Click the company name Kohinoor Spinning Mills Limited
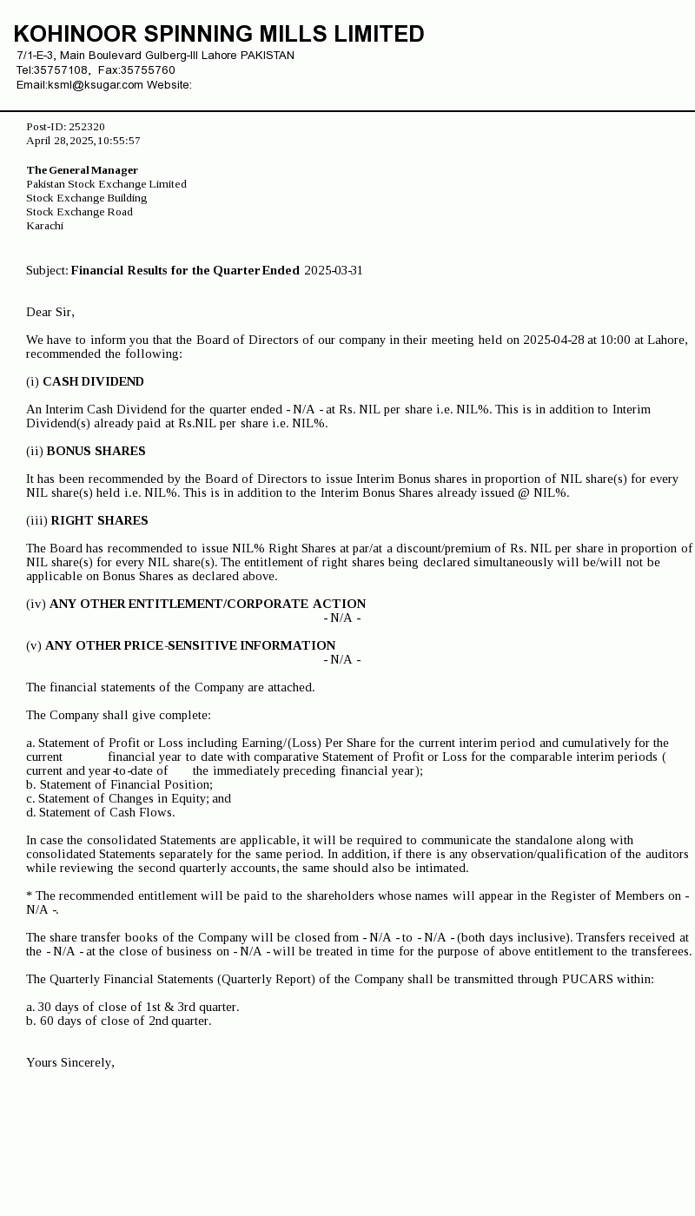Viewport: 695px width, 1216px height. pos(219,34)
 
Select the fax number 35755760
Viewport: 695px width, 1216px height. pos(148,70)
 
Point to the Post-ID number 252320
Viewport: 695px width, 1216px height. pos(87,127)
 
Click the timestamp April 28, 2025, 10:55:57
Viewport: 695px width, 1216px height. pos(83,141)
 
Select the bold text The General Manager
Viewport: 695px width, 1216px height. pos(82,170)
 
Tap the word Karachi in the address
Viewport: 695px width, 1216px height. pos(44,226)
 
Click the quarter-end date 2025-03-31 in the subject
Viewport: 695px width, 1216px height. pos(334,270)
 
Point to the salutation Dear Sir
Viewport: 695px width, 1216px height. pos(50,312)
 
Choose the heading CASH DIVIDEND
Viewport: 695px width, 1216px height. pos(93,381)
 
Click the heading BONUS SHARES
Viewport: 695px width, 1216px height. pos(96,451)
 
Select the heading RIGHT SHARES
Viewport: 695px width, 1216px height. pos(99,520)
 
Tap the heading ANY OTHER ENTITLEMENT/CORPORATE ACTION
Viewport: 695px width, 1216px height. pos(208,604)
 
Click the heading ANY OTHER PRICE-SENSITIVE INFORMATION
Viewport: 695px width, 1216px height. pos(190,645)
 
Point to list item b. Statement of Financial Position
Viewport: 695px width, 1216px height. pos(119,784)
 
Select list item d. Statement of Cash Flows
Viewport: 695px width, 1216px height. pos(100,812)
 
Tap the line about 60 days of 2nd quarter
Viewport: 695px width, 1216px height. pos(118,1021)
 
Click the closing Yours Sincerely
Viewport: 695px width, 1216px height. pos(69,1062)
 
